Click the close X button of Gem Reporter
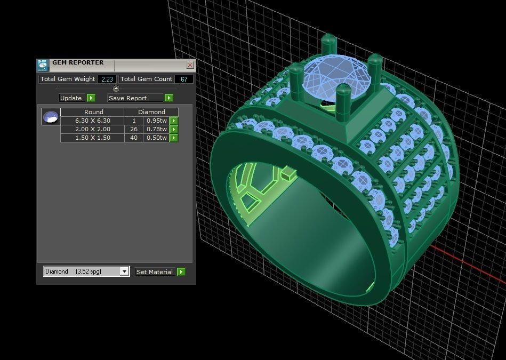point(190,65)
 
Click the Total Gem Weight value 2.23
point(107,79)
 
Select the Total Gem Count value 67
point(184,79)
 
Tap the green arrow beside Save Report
point(168,98)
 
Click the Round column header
point(93,112)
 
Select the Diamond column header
point(151,112)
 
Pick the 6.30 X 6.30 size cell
point(93,121)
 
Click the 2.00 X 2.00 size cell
point(93,129)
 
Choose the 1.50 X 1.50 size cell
point(93,138)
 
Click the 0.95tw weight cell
point(156,121)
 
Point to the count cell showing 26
point(133,129)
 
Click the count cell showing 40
point(133,138)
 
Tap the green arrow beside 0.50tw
point(174,138)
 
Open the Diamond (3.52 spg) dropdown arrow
point(124,271)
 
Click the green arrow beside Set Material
point(181,272)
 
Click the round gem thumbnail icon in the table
point(51,117)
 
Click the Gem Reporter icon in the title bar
point(43,65)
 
